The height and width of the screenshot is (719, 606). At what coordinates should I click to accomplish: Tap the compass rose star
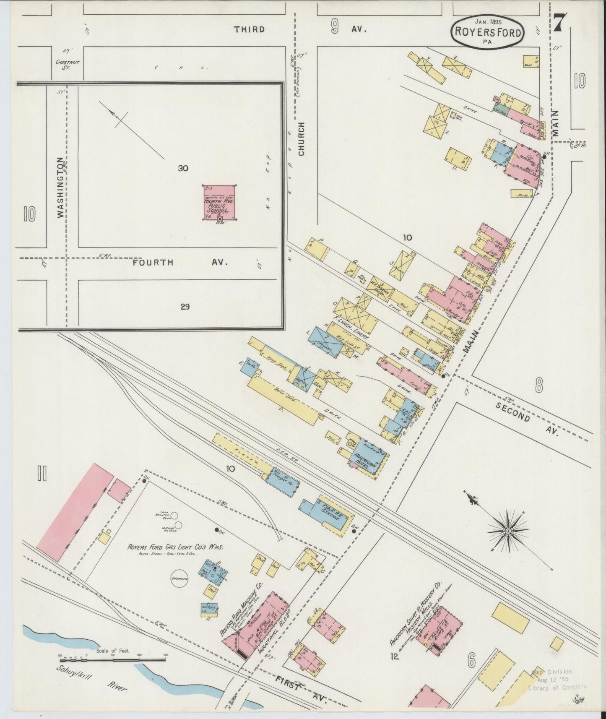click(x=508, y=531)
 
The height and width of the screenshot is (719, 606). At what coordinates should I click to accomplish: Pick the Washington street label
click(x=61, y=187)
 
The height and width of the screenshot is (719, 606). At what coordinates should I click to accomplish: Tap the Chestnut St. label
click(x=68, y=64)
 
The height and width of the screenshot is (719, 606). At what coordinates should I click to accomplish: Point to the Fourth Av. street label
click(x=180, y=263)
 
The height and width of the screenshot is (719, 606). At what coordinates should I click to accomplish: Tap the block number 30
click(x=183, y=168)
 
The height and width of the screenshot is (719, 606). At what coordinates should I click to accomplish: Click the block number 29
click(x=185, y=307)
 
